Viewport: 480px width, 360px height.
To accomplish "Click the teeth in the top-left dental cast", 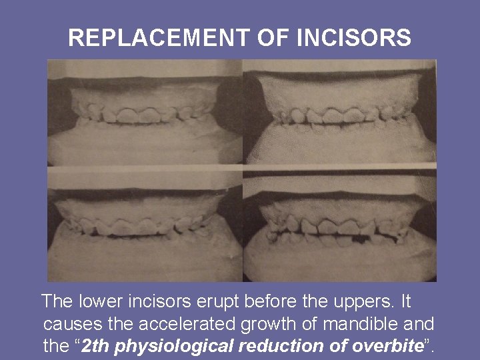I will [143, 114].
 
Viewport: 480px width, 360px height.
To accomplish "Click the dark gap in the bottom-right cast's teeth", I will [364, 236].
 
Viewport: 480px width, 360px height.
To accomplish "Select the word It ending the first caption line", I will [406, 301].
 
